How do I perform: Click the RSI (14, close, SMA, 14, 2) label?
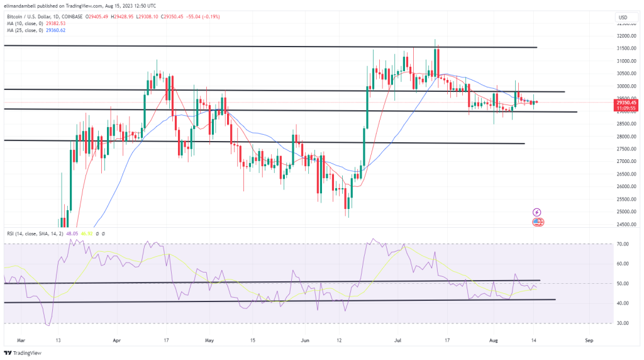(x=37, y=233)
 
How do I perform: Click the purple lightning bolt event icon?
(x=537, y=213)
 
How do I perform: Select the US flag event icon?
(x=537, y=222)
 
